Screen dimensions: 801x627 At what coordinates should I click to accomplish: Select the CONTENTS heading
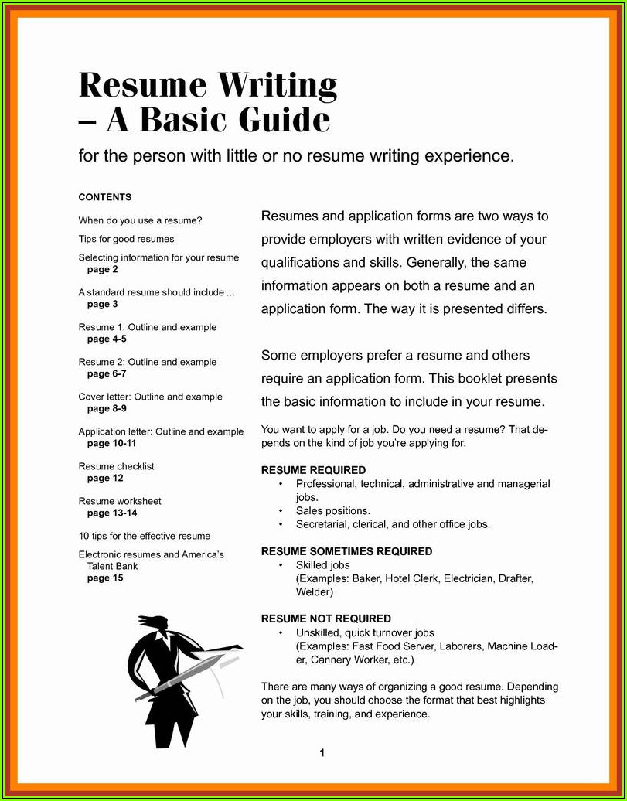pos(105,197)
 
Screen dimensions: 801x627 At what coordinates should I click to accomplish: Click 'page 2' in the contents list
pos(103,270)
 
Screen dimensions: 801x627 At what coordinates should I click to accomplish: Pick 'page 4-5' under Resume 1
pos(107,339)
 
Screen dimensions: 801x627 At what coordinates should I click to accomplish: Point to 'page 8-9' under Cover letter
pos(107,409)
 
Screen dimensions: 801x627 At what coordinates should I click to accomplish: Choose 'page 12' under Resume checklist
pos(105,479)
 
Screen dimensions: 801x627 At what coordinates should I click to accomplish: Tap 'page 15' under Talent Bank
pos(105,578)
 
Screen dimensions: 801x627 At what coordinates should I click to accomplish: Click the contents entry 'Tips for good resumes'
pos(126,239)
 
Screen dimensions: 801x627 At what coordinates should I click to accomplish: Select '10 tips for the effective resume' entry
pos(145,536)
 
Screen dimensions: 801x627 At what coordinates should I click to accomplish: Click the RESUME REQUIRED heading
pos(313,470)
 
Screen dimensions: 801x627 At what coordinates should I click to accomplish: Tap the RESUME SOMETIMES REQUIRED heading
pos(346,551)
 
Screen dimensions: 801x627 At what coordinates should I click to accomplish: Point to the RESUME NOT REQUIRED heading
pos(325,619)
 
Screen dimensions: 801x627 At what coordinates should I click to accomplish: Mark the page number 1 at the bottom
pos(322,753)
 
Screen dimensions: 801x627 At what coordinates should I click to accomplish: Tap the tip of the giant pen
pos(139,698)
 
